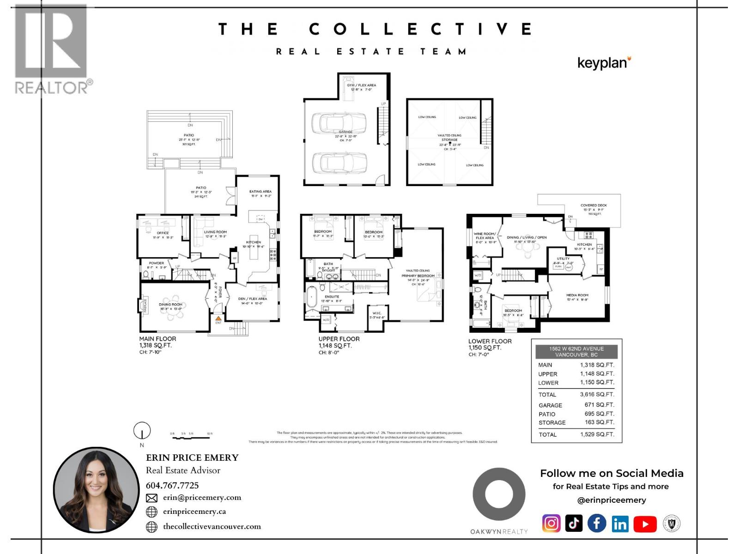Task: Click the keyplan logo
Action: click(x=604, y=63)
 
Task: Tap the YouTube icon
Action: click(x=645, y=524)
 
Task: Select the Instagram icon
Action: click(x=551, y=524)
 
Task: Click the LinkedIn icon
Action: click(x=620, y=524)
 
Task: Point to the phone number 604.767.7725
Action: click(x=172, y=485)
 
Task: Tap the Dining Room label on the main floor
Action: click(x=171, y=305)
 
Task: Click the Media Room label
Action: click(x=577, y=295)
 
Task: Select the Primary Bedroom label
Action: click(x=418, y=276)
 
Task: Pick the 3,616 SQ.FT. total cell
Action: click(x=597, y=394)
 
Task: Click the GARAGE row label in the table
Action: click(x=550, y=405)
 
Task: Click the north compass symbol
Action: click(x=142, y=431)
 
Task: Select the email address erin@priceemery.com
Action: click(x=202, y=498)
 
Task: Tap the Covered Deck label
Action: click(x=594, y=205)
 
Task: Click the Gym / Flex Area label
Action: click(x=361, y=85)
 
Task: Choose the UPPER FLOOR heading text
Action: click(x=339, y=339)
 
